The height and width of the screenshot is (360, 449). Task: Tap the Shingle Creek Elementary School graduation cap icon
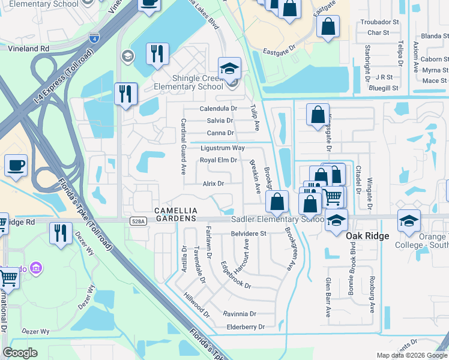(x=229, y=68)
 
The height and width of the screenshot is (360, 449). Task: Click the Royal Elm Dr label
(x=218, y=160)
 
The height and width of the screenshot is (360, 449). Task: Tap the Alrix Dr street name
(x=213, y=184)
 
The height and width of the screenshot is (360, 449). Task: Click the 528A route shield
(x=137, y=221)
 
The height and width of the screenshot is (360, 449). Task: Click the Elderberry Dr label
(x=246, y=327)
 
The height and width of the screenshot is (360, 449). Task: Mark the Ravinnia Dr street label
(x=240, y=314)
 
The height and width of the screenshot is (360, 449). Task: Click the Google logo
(x=20, y=353)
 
